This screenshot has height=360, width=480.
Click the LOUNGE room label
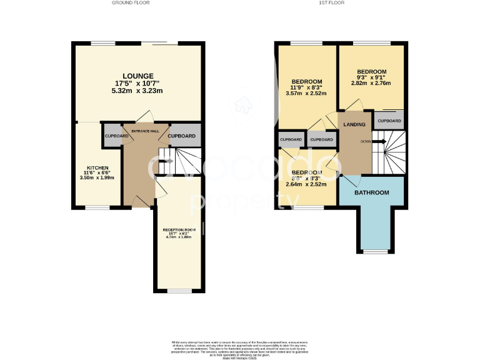tap(139, 76)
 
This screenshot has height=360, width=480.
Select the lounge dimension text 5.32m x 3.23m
tap(139, 91)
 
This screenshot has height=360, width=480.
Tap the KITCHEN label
tap(97, 168)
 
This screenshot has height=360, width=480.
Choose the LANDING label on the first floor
tap(354, 125)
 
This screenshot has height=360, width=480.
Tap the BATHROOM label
tap(372, 192)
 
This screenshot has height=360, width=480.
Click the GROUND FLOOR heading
tap(131, 3)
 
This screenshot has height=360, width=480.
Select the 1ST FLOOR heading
tap(332, 3)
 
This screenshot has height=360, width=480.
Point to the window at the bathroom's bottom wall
tap(376, 251)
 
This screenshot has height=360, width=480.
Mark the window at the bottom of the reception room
tap(179, 291)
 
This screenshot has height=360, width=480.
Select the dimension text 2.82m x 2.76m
tap(371, 83)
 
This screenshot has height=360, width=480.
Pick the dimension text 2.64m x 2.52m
tap(307, 184)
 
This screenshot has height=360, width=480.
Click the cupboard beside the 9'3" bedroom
tap(389, 121)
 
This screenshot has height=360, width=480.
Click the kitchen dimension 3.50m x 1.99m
tap(97, 178)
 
